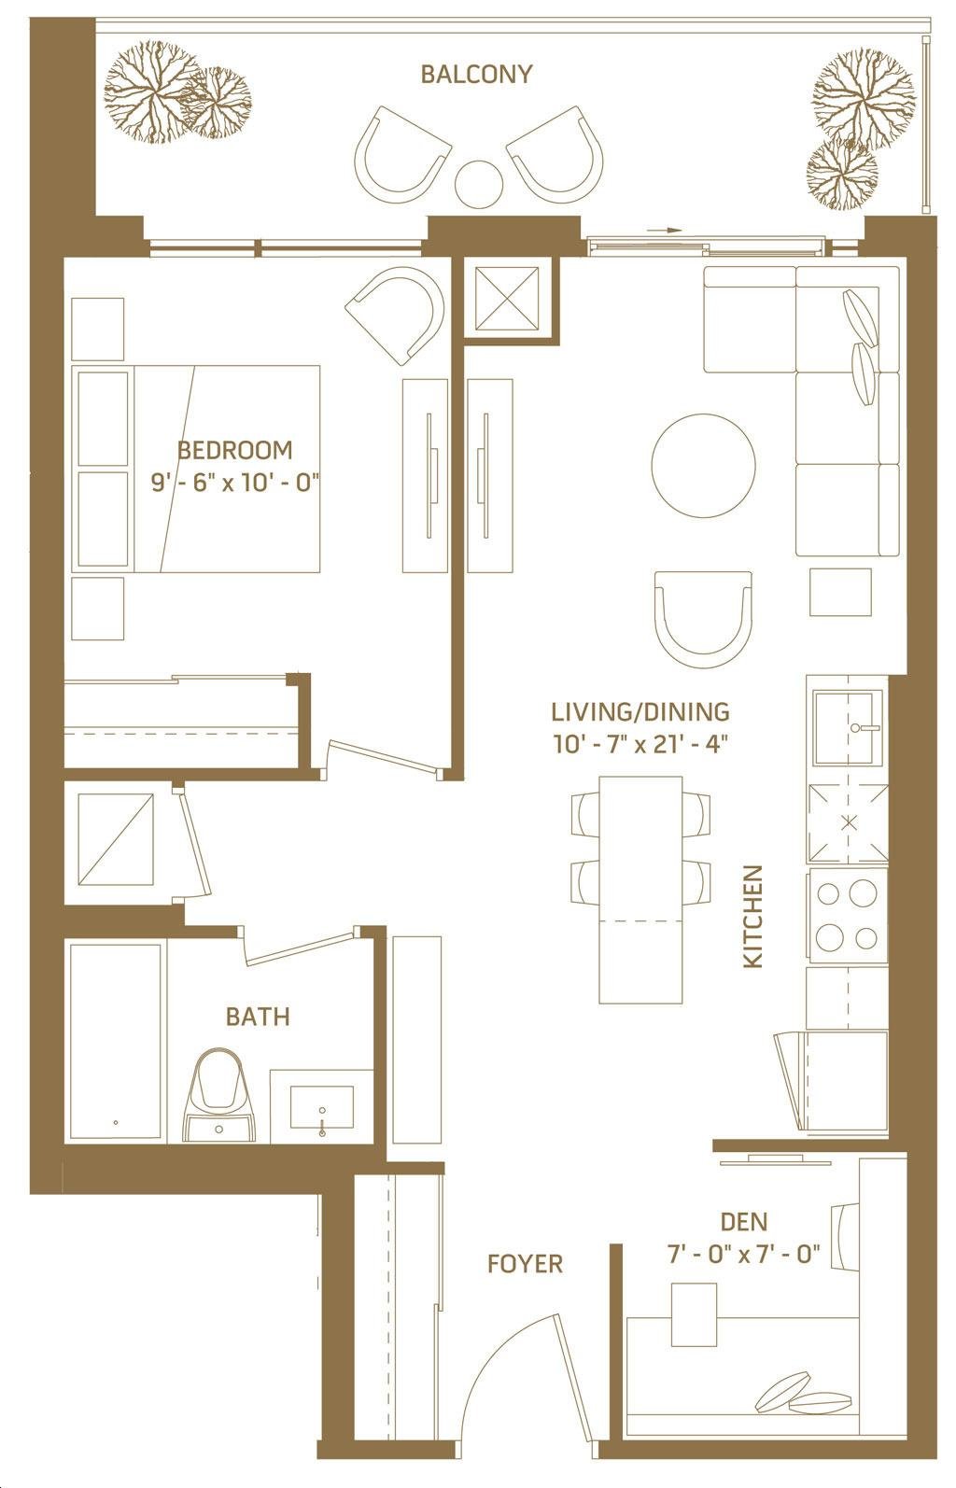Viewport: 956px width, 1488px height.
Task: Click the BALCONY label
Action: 476,73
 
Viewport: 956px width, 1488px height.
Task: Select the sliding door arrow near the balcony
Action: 665,230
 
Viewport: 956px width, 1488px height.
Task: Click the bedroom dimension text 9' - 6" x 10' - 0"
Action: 236,482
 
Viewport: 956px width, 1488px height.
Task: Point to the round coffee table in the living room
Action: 703,466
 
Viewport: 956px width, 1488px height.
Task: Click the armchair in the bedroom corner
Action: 398,315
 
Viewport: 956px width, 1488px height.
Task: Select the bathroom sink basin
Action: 322,1107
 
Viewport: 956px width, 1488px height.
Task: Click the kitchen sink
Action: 845,728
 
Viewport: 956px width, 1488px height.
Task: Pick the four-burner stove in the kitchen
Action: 848,915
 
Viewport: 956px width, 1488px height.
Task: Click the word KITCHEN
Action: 752,916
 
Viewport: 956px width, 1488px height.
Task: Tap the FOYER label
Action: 525,1263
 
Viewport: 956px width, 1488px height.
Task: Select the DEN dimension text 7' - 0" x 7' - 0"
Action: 744,1255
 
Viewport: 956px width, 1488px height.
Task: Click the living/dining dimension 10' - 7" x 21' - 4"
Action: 640,743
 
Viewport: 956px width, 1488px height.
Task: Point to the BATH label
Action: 258,1017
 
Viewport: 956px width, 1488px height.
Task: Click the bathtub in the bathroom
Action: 114,1043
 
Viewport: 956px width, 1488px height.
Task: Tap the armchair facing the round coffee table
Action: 703,619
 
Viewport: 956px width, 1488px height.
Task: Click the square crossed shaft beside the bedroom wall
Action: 507,298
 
